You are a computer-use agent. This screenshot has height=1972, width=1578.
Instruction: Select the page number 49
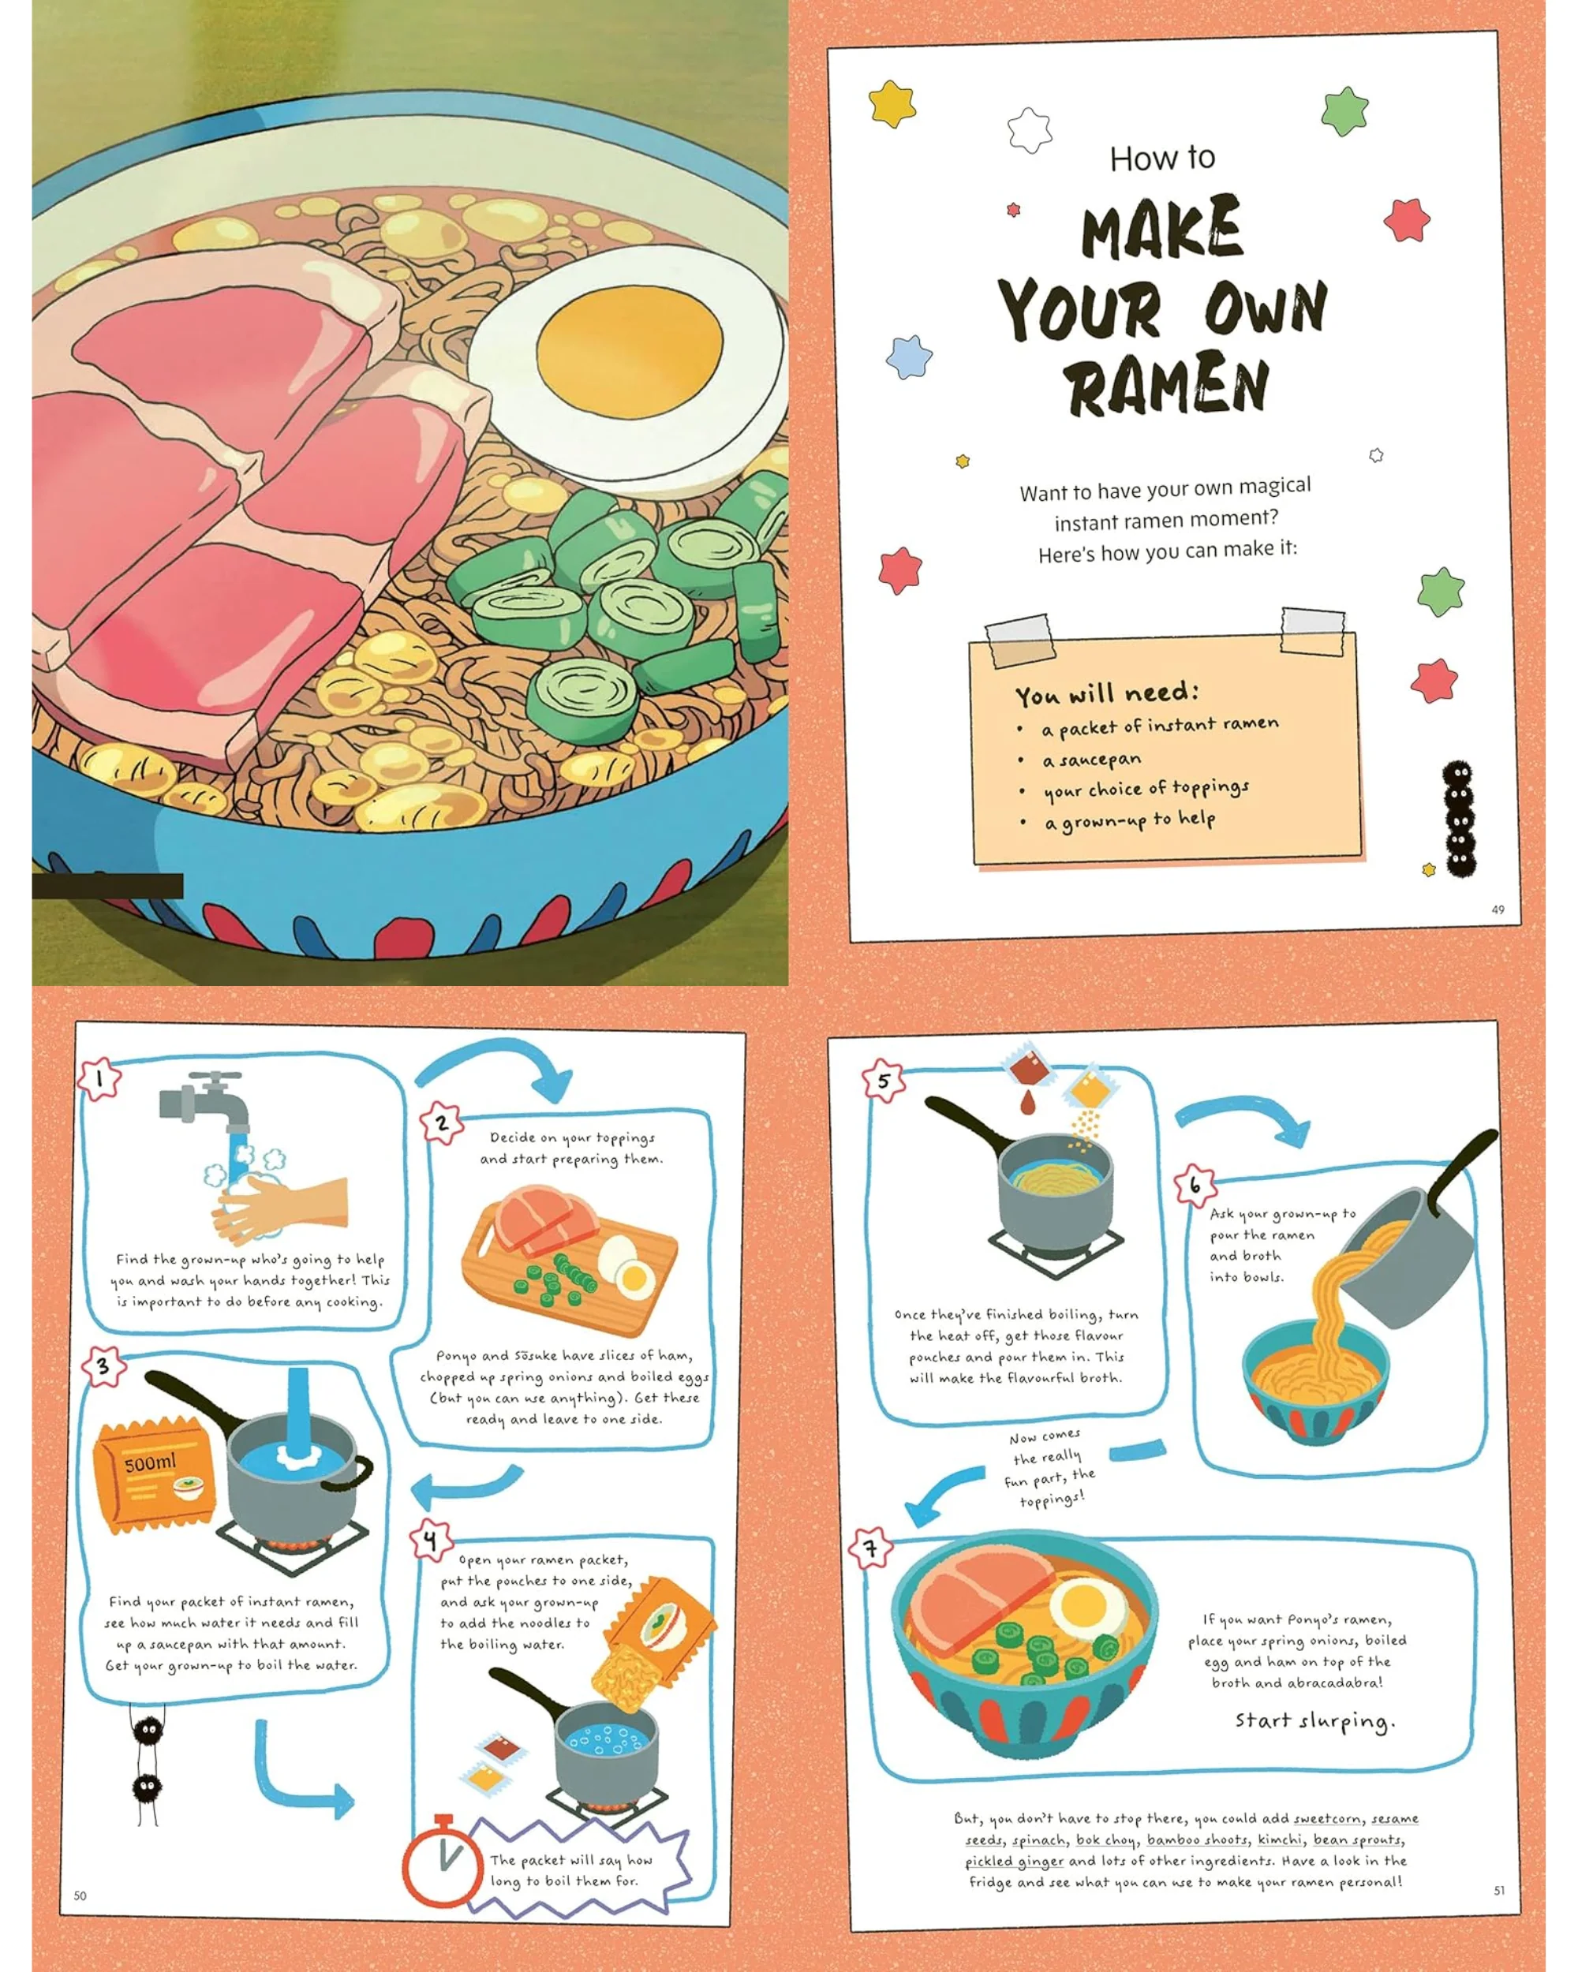coord(1498,909)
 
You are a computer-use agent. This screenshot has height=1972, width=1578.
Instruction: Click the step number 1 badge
coord(99,1079)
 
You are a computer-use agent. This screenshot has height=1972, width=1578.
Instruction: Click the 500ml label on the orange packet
coord(150,1462)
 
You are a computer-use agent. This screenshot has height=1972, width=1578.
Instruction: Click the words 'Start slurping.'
coord(1314,1721)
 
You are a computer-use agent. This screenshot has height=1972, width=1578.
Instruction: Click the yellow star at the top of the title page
coord(893,103)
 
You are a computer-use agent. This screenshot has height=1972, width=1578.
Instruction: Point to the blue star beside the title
coord(909,357)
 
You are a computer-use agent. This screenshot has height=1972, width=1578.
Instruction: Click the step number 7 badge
coord(871,1548)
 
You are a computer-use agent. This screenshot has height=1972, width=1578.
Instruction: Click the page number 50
coord(80,1896)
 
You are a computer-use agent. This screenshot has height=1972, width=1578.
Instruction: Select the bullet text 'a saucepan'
coord(1091,759)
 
